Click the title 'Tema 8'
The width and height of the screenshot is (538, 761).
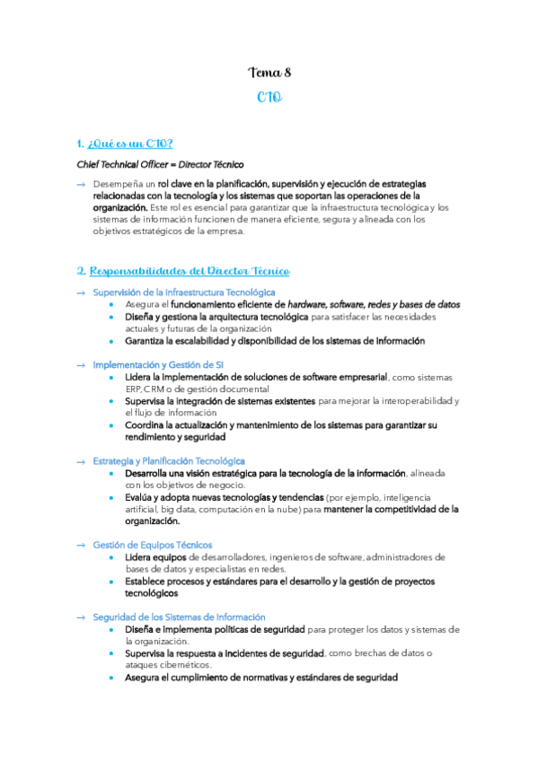[269, 73]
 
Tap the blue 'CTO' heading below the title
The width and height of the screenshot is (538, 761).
[269, 97]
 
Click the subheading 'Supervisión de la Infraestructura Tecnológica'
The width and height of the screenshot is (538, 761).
[184, 293]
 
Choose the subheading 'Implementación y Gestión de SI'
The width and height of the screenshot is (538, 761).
[158, 365]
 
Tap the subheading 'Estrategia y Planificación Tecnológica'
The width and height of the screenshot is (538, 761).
[169, 461]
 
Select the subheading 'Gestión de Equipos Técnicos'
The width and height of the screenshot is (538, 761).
[153, 545]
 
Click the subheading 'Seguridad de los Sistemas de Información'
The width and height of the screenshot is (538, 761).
[180, 617]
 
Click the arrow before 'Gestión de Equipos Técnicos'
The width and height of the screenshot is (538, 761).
[81, 545]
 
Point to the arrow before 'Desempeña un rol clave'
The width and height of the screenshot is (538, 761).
[81, 184]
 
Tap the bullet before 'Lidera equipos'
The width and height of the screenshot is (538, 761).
[110, 557]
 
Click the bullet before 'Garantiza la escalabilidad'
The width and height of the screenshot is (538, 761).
[110, 341]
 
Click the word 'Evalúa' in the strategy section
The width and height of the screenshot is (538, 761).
[140, 497]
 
